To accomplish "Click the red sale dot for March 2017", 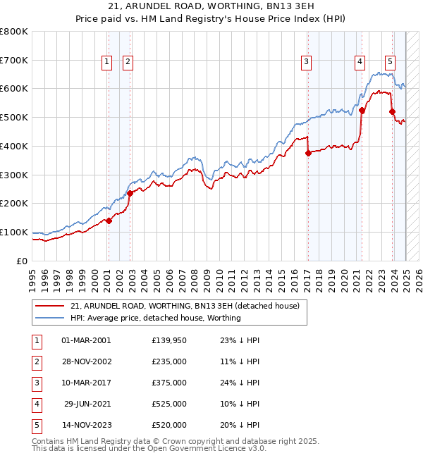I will click(x=308, y=152).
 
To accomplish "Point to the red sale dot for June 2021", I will click(x=362, y=110).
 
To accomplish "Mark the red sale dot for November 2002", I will click(x=130, y=192).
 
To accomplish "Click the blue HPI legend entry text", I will click(x=155, y=318).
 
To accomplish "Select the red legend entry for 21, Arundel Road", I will click(x=185, y=306).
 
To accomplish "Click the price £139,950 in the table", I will click(x=169, y=340).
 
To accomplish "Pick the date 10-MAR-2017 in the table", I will click(x=87, y=383).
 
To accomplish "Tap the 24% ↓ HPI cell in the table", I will click(x=239, y=383).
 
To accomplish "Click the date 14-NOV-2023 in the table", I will click(x=87, y=425).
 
